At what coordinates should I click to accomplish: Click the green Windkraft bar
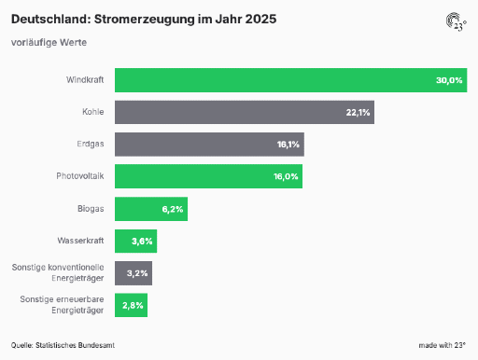click(x=291, y=80)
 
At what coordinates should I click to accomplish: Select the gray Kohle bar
click(x=245, y=112)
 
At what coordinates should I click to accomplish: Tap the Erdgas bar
click(x=209, y=145)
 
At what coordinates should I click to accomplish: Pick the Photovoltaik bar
click(x=208, y=176)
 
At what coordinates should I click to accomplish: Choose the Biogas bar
click(x=151, y=209)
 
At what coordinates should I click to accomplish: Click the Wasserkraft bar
click(x=136, y=241)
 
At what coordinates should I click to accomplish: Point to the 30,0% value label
click(x=449, y=80)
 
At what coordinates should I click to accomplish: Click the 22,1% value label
click(x=358, y=112)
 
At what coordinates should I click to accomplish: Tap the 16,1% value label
click(x=288, y=145)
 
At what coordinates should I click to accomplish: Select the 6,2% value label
click(x=173, y=209)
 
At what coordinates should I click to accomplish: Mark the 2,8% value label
click(x=133, y=305)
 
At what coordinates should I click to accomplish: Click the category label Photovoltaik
click(x=80, y=176)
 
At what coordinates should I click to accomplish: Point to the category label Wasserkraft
click(x=80, y=241)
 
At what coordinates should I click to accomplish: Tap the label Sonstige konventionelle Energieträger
click(x=58, y=272)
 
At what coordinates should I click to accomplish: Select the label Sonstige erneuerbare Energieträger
click(x=62, y=305)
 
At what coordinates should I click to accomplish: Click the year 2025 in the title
click(x=260, y=19)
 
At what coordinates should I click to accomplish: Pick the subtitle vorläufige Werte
click(x=49, y=42)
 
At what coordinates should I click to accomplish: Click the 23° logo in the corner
click(x=457, y=21)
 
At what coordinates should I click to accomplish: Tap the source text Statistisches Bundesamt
click(x=75, y=345)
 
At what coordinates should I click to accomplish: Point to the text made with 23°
click(x=443, y=345)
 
